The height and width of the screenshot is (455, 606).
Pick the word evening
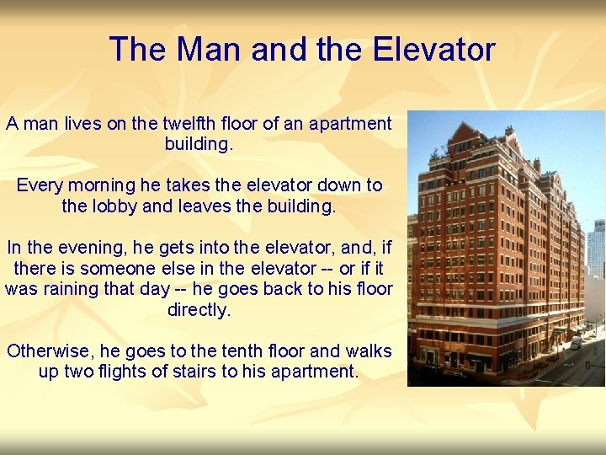pyautogui.click(x=88, y=248)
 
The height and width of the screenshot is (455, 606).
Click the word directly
pyautogui.click(x=199, y=310)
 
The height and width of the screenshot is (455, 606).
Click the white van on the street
pyautogui.click(x=577, y=343)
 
